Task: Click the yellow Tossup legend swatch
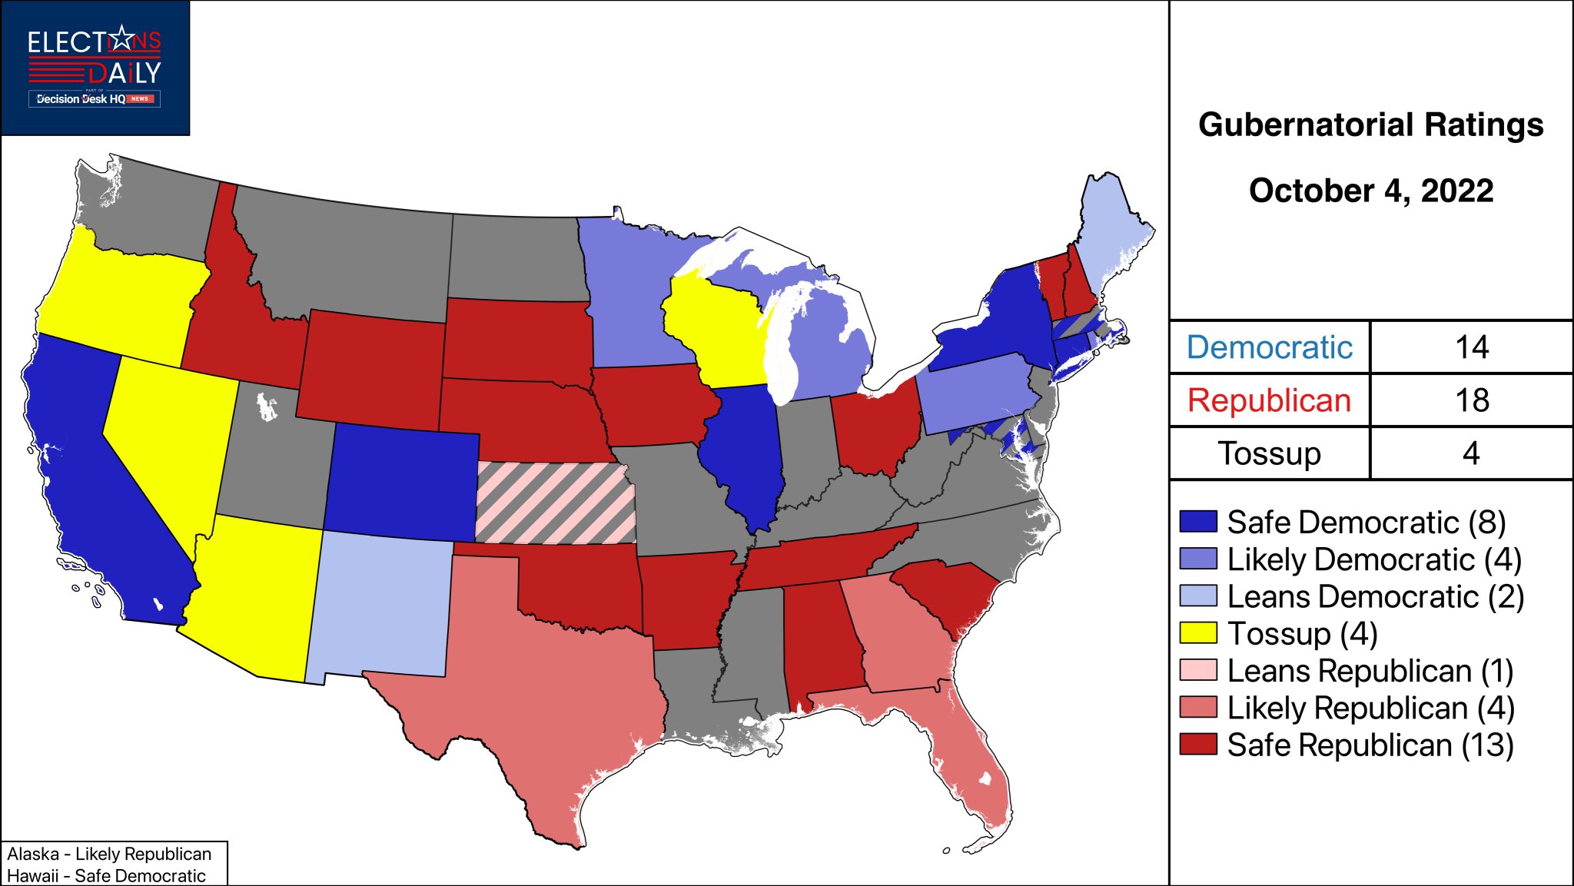[1198, 633]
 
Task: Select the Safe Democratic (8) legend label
[1366, 523]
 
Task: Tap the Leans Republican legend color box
[1198, 670]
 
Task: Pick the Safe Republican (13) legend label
[1370, 745]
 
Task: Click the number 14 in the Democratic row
[1471, 347]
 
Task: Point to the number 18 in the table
[1471, 400]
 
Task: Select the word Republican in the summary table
[1269, 400]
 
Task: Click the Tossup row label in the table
[1269, 453]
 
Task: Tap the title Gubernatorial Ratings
[1370, 124]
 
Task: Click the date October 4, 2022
[1370, 191]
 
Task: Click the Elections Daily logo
[95, 68]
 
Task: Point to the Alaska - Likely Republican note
[109, 854]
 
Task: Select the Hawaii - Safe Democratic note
[106, 875]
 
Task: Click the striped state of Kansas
[555, 503]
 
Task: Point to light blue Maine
[1111, 231]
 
